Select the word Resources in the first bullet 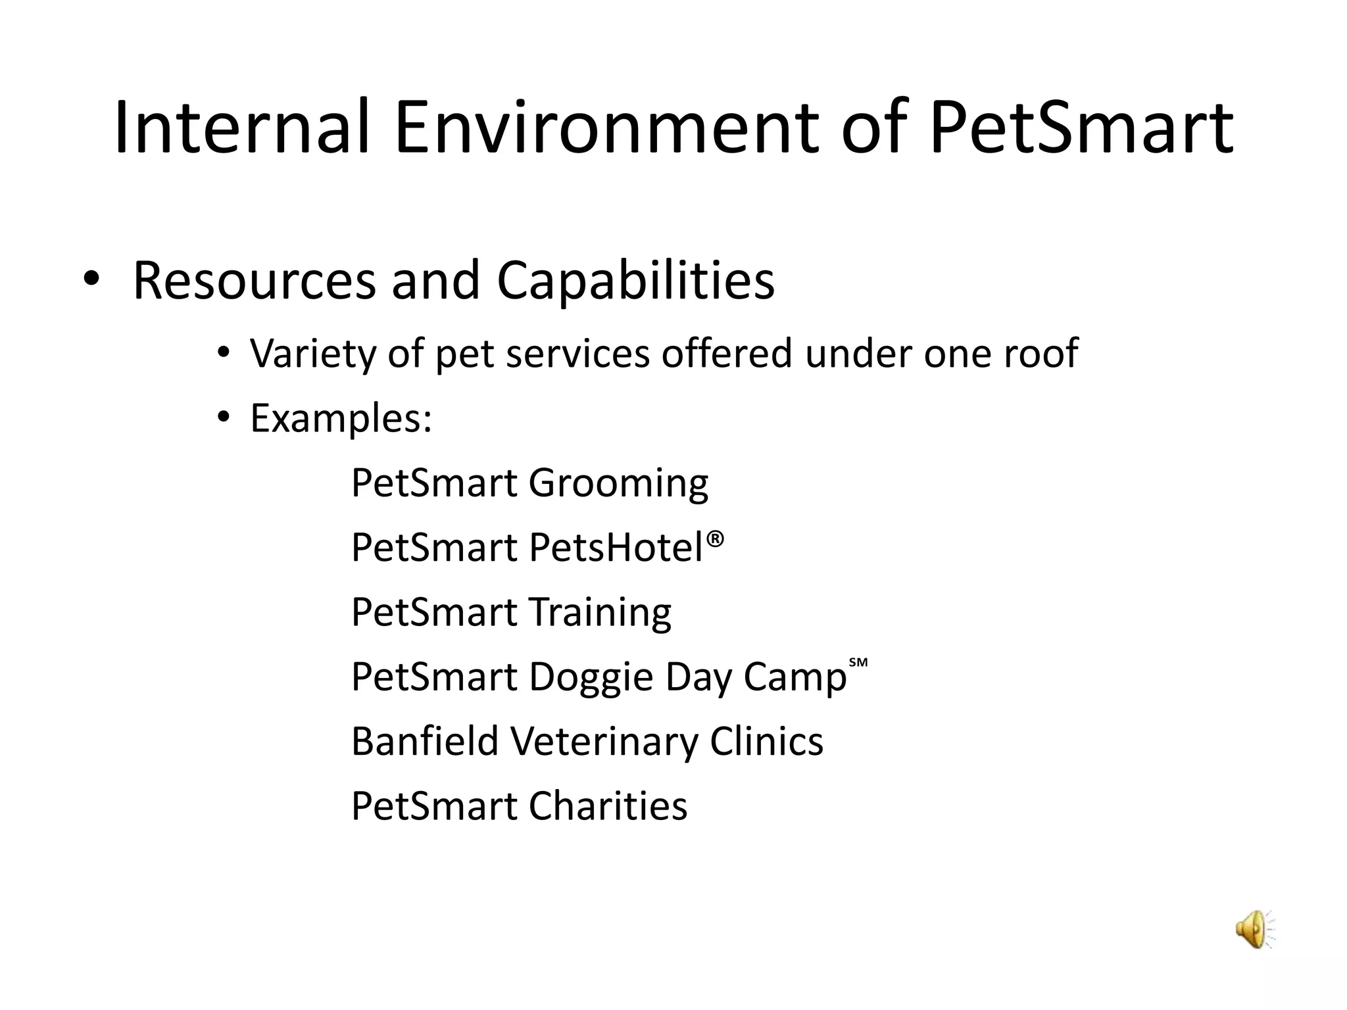coord(254,281)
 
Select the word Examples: coord(341,418)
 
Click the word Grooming coord(618,483)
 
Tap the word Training coord(600,612)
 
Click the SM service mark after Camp coord(858,663)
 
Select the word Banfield coord(425,741)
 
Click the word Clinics coord(766,741)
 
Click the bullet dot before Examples coord(224,418)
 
